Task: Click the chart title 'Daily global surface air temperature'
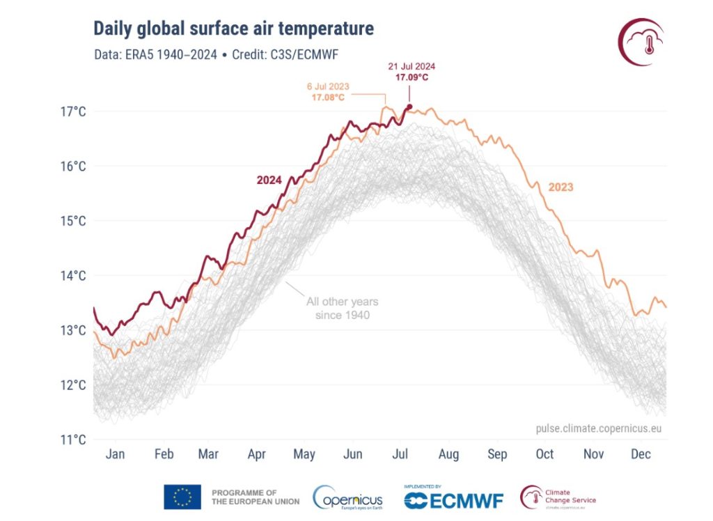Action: (x=233, y=29)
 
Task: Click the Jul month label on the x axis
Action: (x=400, y=454)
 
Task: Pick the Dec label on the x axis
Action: (x=641, y=454)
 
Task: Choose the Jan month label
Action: (x=115, y=454)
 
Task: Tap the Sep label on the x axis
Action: (x=497, y=454)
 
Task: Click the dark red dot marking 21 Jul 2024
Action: (x=409, y=107)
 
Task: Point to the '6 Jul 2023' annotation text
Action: (x=328, y=86)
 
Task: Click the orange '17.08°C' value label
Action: (x=328, y=98)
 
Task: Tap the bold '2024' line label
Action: (x=269, y=180)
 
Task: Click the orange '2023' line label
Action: (x=561, y=187)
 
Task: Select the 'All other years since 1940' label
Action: (x=342, y=309)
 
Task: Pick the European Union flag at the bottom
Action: (x=182, y=497)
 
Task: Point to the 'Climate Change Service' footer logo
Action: (x=558, y=497)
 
